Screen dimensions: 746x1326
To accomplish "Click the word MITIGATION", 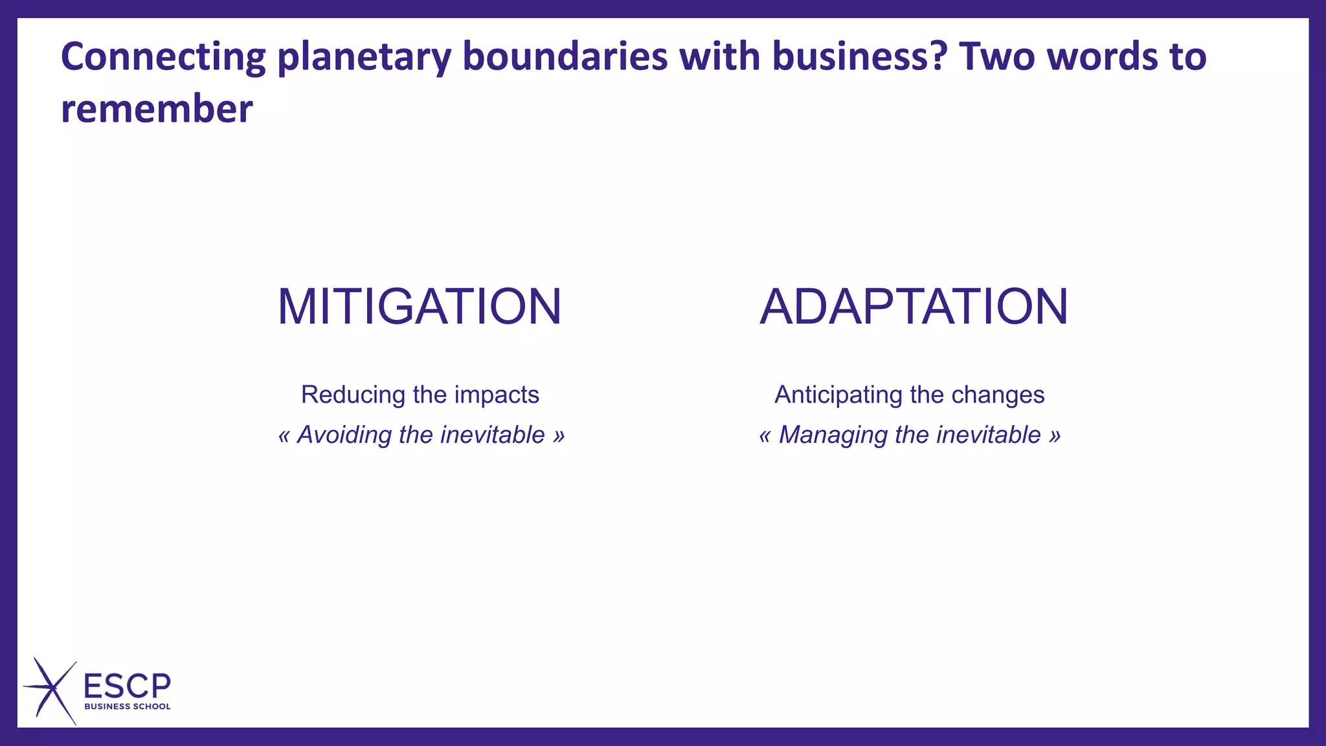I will pyautogui.click(x=420, y=307).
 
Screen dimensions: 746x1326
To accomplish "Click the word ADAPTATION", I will pyautogui.click(x=913, y=307).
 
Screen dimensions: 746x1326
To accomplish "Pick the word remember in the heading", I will pyautogui.click(x=157, y=109).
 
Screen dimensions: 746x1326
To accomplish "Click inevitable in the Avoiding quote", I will pyautogui.click(x=492, y=435).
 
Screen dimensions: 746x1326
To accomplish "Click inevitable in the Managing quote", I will pyautogui.click(x=988, y=435).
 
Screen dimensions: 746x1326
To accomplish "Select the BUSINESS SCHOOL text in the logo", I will pyautogui.click(x=128, y=706).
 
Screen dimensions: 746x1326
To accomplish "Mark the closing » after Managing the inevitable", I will pyautogui.click(x=1055, y=435).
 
